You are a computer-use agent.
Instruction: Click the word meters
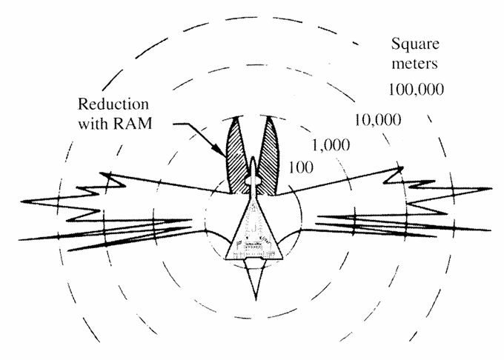414,63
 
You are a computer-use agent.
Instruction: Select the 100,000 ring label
417,90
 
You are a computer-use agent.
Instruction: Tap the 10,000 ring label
378,120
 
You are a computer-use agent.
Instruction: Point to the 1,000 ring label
331,145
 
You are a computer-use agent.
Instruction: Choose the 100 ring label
301,167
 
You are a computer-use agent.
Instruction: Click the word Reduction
113,104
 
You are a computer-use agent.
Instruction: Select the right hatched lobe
268,157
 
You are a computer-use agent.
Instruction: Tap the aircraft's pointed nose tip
253,158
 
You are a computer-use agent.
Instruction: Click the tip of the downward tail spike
256,300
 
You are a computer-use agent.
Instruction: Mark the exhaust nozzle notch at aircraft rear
253,258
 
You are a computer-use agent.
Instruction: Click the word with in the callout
93,123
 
